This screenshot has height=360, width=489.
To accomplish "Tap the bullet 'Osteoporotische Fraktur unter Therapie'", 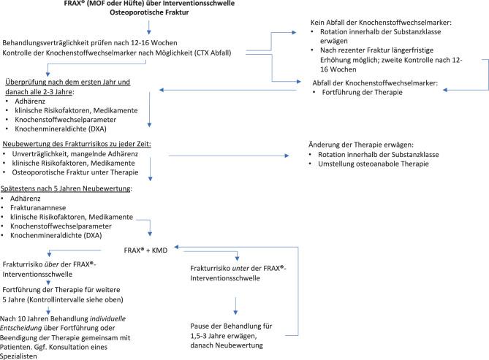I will pyautogui.click(x=77, y=175).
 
